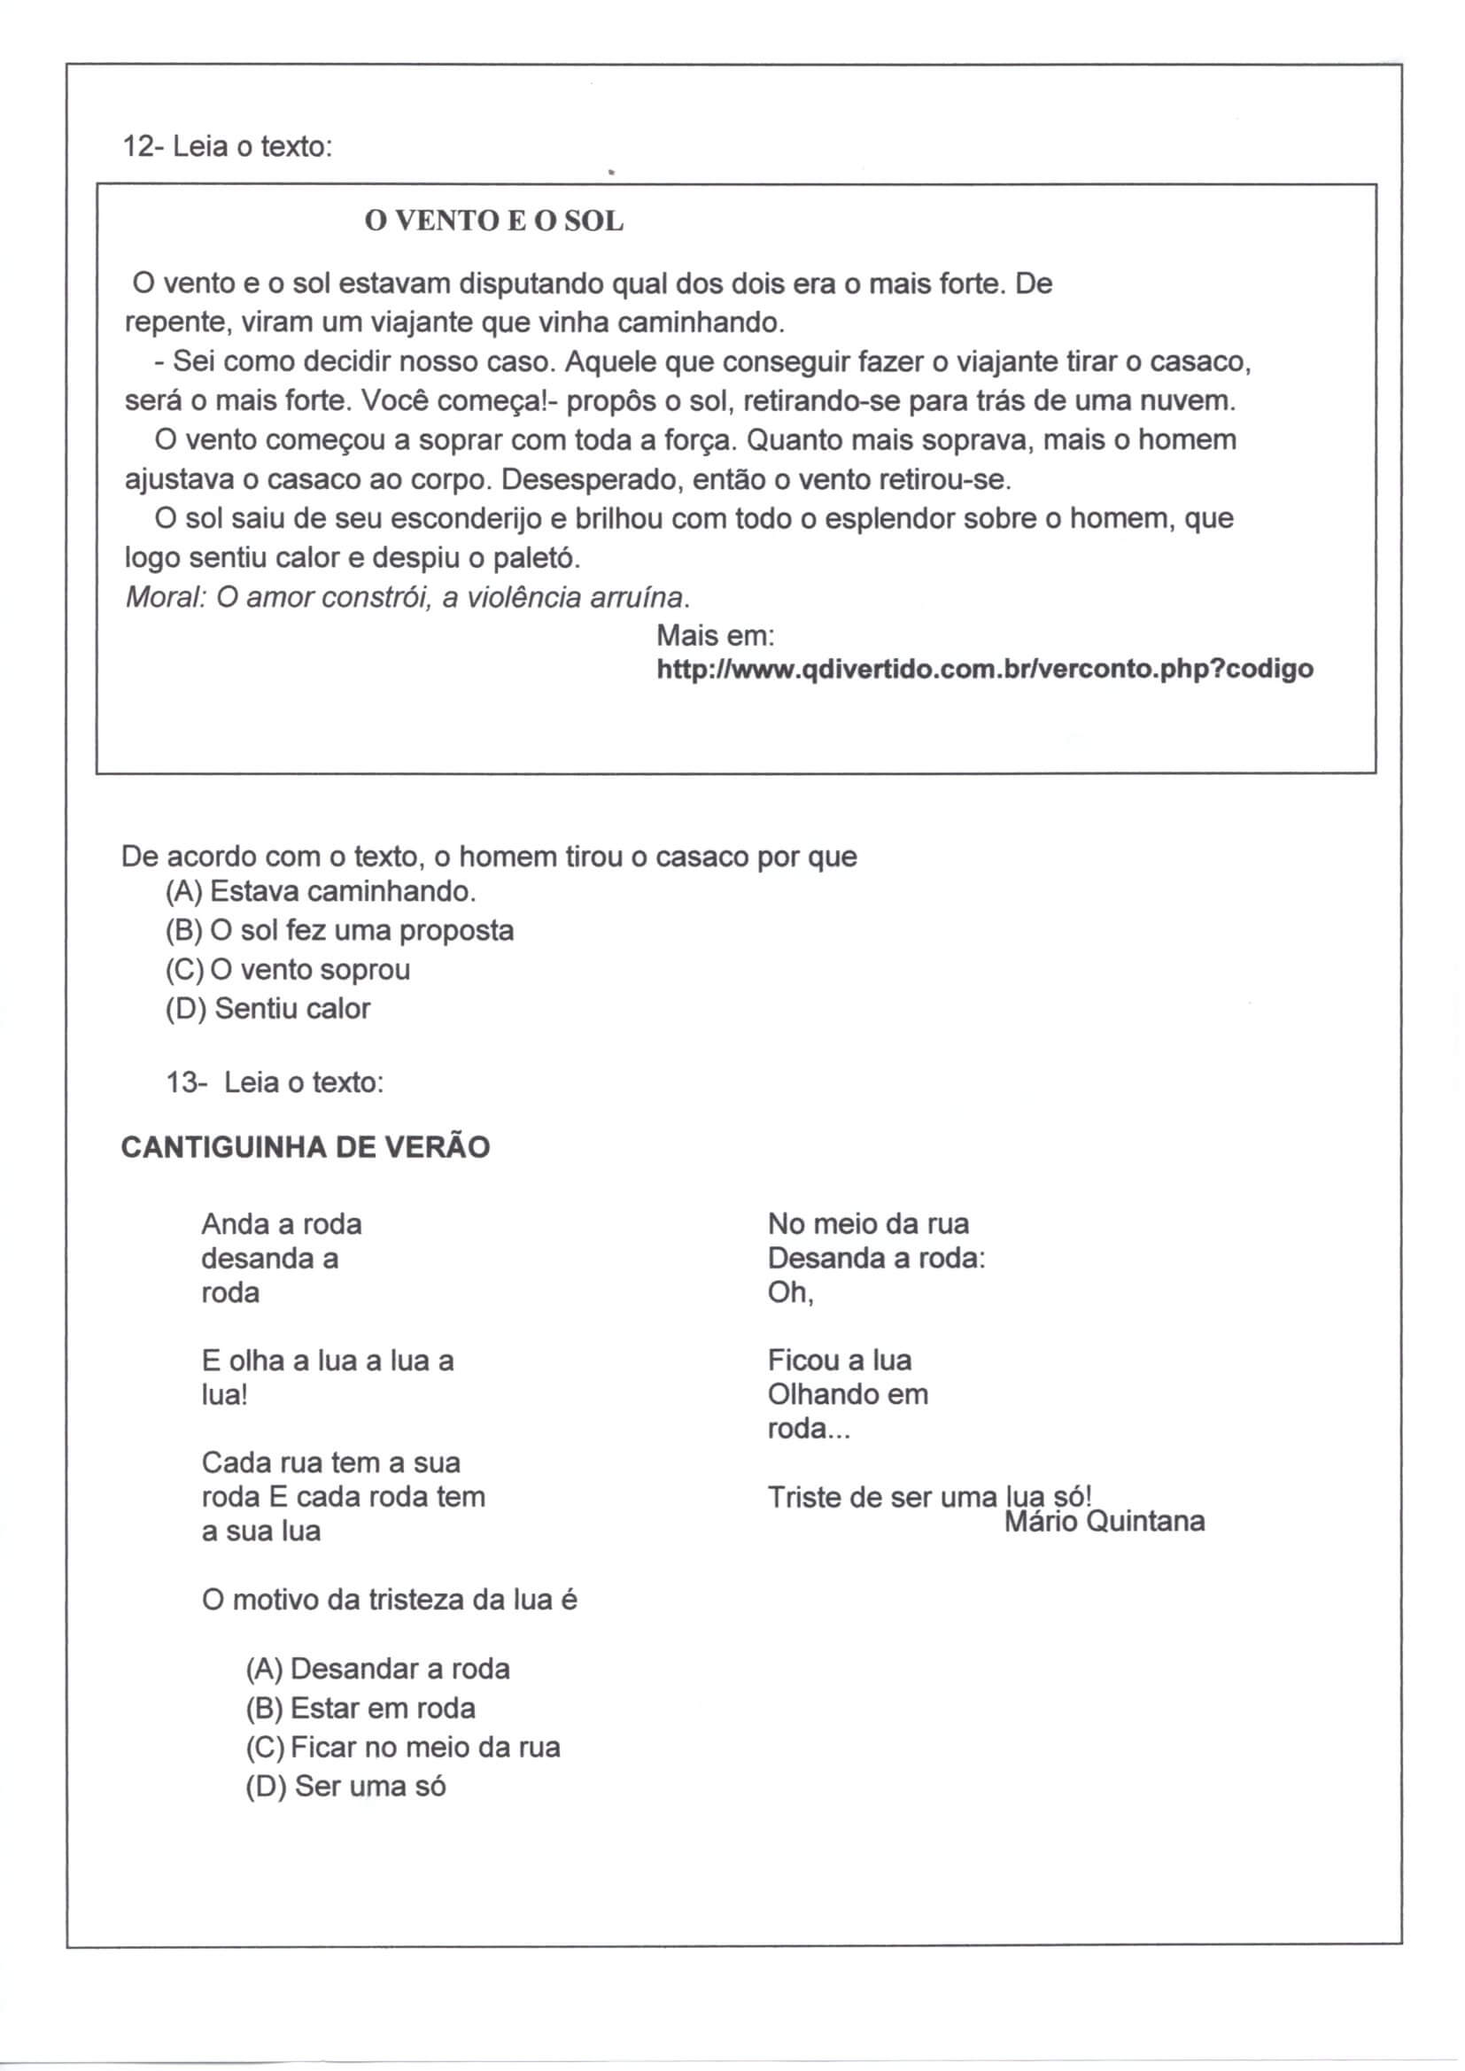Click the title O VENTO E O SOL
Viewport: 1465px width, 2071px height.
tap(493, 221)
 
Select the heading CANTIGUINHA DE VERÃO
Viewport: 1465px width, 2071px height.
tap(305, 1147)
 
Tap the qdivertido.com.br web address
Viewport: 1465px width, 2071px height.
tap(984, 670)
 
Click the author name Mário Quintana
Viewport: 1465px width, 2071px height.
tap(1105, 1522)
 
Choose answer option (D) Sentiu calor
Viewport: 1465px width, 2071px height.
tap(267, 1008)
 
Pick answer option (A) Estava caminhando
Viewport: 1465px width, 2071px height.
tap(321, 891)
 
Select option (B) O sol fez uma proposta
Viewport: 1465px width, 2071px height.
tap(339, 930)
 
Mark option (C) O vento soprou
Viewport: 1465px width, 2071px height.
tap(288, 970)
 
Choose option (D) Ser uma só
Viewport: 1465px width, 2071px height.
tap(345, 1787)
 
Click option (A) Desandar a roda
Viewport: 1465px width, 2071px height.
tap(377, 1670)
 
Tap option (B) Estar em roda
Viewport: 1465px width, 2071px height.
tap(360, 1709)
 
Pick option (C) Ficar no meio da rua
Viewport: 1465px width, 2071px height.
tap(402, 1747)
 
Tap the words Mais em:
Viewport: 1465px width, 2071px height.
tap(716, 636)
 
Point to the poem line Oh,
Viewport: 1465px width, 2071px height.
tap(790, 1292)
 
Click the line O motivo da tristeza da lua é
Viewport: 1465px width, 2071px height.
tap(389, 1600)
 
